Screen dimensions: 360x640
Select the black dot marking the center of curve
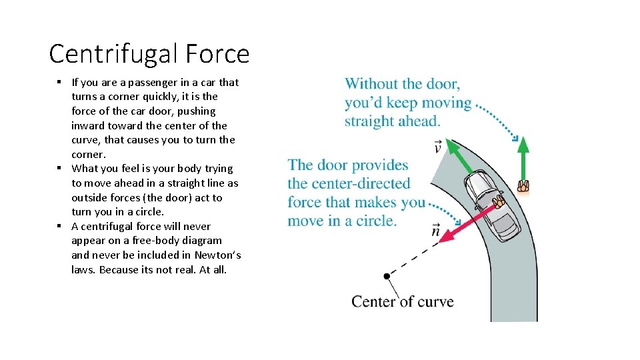387,276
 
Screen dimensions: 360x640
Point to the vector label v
437,147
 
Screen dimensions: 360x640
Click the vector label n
435,231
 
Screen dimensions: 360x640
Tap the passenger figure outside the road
523,187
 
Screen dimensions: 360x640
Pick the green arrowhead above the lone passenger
523,145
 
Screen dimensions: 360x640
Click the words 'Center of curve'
402,301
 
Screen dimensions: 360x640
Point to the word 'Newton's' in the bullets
218,255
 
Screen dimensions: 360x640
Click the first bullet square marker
60,82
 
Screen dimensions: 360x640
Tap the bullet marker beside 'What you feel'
60,168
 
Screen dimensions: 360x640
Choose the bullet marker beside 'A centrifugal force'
60,225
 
